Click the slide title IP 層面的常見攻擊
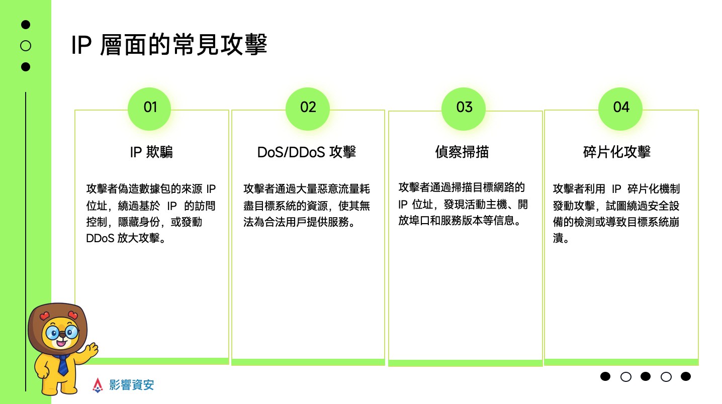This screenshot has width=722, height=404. tap(169, 46)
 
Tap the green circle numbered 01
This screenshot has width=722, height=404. tap(150, 108)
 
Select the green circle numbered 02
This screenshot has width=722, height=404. tap(308, 108)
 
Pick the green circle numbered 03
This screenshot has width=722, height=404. tap(464, 108)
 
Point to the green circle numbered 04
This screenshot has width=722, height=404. tap(621, 108)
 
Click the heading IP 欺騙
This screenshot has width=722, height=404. tap(151, 152)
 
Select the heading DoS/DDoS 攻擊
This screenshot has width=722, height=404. tap(307, 152)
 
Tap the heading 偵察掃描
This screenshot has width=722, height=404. tap(462, 152)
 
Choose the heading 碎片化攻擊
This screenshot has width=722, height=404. tap(617, 152)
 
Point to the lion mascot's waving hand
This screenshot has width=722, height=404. tap(92, 349)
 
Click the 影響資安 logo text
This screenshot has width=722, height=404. tap(132, 385)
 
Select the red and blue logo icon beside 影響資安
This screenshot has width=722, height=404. tap(98, 385)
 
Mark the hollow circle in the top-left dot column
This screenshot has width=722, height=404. tap(26, 46)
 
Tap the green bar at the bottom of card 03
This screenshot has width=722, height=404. tap(465, 363)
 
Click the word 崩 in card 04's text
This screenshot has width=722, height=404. tap(674, 222)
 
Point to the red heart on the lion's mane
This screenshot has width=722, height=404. tap(44, 316)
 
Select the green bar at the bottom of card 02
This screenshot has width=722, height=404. tap(308, 362)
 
